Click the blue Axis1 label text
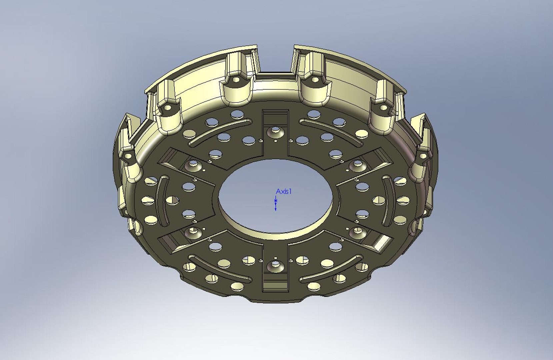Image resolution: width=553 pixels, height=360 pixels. (284, 192)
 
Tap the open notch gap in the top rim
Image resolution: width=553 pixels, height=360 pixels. (275, 60)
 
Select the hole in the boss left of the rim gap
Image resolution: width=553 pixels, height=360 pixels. (236, 80)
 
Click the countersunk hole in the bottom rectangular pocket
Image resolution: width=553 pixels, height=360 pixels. (275, 264)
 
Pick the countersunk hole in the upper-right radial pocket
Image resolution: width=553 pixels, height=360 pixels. (357, 164)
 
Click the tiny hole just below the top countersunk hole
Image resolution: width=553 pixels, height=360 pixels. (275, 141)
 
